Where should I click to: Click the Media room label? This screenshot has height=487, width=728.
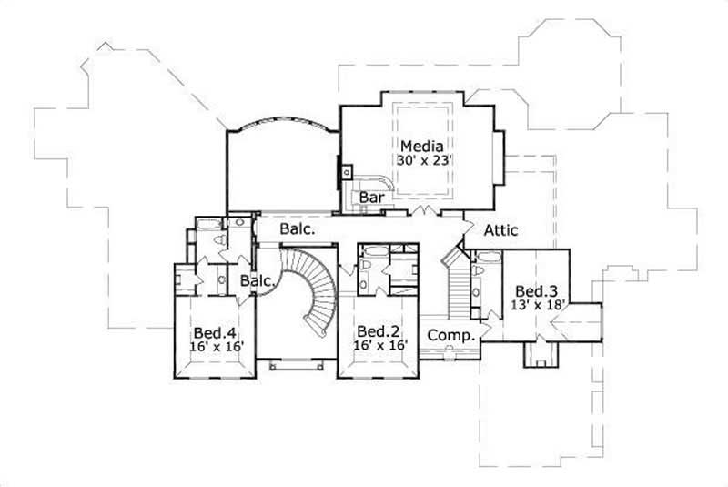pyautogui.click(x=421, y=146)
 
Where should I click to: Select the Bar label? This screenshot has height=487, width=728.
pyautogui.click(x=370, y=197)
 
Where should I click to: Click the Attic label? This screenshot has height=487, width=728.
pyautogui.click(x=500, y=230)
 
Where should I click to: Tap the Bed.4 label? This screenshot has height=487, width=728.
pyautogui.click(x=213, y=331)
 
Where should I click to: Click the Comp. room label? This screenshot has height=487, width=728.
pyautogui.click(x=451, y=335)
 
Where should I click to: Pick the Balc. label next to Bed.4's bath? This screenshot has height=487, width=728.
pyautogui.click(x=258, y=281)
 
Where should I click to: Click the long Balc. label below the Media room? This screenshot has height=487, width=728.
pyautogui.click(x=298, y=229)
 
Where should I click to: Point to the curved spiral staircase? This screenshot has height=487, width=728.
pyautogui.click(x=314, y=291)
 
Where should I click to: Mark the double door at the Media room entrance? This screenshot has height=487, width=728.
pyautogui.click(x=420, y=213)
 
